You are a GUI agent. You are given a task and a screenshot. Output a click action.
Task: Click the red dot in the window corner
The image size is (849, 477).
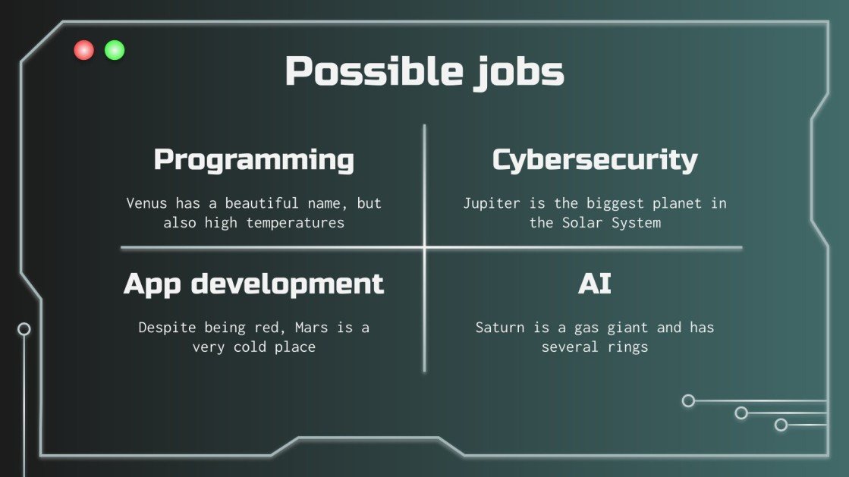83,51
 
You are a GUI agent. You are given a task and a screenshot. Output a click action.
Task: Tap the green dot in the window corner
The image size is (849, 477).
115,51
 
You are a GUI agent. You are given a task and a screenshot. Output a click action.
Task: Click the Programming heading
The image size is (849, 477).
254,161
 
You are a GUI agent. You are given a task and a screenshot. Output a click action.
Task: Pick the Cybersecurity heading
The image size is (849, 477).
595,161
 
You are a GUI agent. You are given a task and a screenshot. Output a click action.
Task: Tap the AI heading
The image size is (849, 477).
595,284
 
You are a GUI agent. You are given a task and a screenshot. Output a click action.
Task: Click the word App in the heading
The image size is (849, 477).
152,284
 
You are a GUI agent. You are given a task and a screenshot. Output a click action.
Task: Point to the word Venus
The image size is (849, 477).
146,203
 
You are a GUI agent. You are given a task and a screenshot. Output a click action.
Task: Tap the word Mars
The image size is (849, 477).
310,328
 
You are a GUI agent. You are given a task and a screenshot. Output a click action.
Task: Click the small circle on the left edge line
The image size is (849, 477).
24,329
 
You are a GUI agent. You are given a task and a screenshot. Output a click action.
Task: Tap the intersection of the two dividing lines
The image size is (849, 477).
424,247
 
